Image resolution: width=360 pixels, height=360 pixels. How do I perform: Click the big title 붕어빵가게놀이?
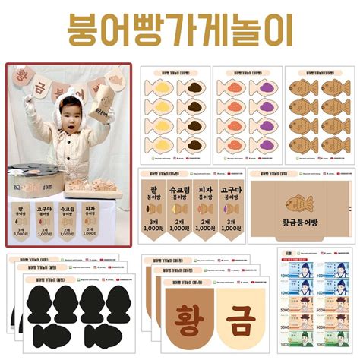(x=180, y=30)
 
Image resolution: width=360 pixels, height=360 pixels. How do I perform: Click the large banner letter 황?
(x=183, y=320)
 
